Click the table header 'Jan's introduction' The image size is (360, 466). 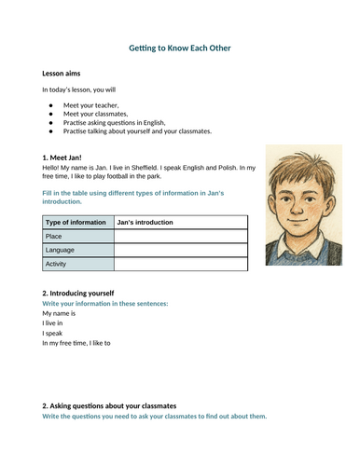click(145, 222)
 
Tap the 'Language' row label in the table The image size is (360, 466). click(61, 250)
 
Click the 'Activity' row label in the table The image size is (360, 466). click(57, 264)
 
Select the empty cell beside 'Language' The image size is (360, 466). click(180, 250)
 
